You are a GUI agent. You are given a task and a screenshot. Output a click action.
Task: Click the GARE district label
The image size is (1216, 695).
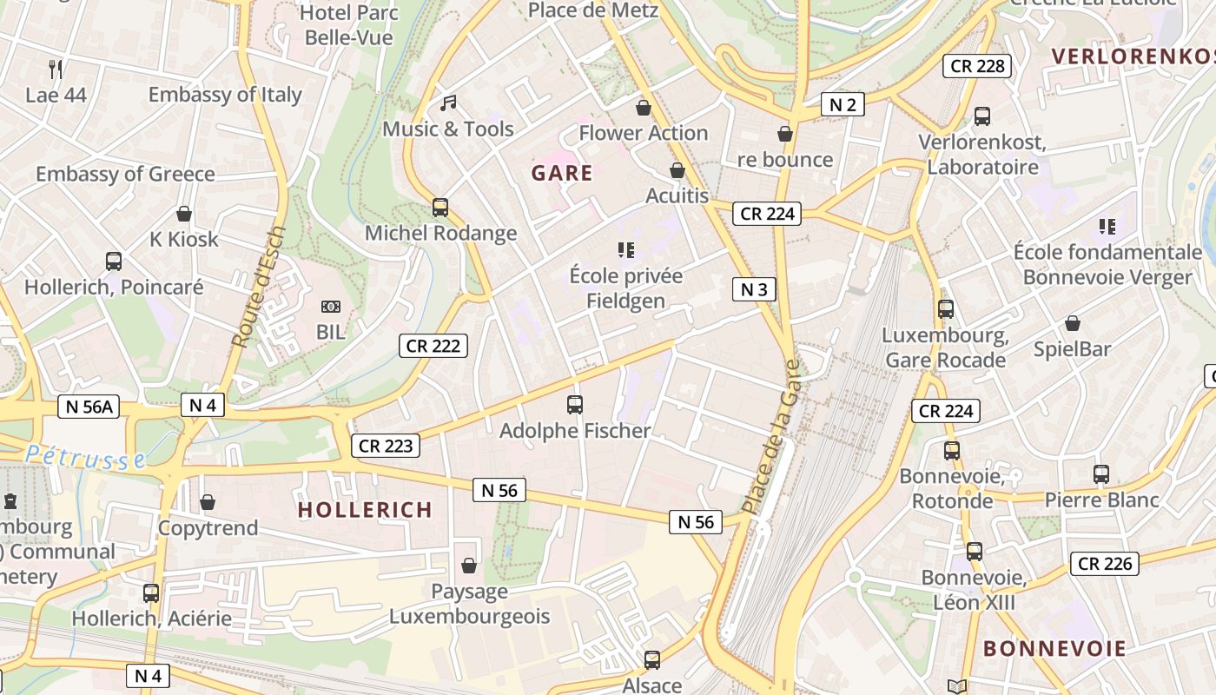(562, 173)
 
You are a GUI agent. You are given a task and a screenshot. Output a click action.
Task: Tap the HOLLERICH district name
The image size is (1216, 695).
(365, 510)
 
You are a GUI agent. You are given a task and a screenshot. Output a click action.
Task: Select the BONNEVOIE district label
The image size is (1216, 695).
(1054, 649)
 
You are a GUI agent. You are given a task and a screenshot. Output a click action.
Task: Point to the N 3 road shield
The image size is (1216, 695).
(753, 289)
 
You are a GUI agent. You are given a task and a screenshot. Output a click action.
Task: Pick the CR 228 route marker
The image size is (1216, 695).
(977, 65)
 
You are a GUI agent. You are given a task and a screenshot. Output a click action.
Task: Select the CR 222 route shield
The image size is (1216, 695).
(433, 346)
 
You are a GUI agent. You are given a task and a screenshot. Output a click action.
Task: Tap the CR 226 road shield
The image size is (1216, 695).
(1104, 564)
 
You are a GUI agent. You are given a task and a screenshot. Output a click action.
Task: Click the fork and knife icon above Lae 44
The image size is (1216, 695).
(56, 69)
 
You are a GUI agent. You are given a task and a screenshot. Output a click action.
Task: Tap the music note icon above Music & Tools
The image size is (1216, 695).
(448, 103)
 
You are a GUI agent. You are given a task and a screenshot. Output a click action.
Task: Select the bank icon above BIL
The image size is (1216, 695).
(330, 307)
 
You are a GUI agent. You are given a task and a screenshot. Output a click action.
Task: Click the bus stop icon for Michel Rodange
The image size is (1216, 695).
(440, 208)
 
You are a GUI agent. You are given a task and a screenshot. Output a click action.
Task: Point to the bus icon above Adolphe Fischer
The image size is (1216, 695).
(574, 404)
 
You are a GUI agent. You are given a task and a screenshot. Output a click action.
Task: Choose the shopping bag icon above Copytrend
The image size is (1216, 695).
(208, 502)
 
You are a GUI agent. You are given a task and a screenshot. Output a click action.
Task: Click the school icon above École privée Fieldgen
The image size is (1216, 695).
(625, 250)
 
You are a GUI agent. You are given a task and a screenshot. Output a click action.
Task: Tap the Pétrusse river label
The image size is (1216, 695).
(84, 457)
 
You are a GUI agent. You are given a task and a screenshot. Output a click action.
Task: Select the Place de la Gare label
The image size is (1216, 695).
(770, 437)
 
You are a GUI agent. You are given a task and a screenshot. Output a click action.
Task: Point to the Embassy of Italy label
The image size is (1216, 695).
(225, 95)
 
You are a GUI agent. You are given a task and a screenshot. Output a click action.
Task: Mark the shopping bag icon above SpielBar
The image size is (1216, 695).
(1073, 323)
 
